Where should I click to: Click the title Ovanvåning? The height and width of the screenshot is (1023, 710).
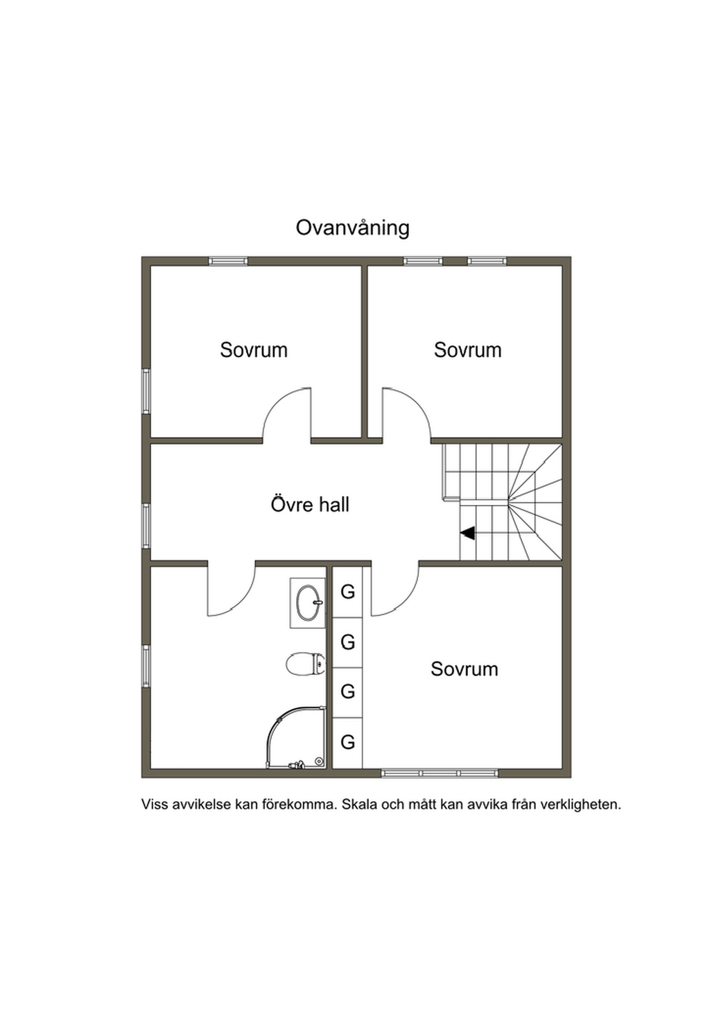352,228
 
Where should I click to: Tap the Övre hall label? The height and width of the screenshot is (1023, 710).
310,504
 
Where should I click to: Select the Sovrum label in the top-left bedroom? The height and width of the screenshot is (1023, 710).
254,350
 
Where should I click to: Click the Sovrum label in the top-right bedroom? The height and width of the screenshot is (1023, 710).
467,350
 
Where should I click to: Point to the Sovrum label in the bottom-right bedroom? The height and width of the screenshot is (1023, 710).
464,669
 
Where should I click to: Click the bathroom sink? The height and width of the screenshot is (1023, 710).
308,603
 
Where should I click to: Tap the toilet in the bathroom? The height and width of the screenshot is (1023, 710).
306,664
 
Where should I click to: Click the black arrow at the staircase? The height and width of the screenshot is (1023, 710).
467,533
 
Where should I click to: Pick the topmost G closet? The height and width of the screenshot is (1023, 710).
347,592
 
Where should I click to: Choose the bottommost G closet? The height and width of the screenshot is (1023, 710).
347,742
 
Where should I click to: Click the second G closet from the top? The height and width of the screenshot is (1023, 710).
347,642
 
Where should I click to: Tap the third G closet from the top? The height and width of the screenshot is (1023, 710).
347,691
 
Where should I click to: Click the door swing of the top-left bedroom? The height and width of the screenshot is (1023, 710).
286,415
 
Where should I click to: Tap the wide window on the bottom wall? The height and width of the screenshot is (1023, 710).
440,773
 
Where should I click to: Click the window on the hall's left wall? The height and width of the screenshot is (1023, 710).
146,525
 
